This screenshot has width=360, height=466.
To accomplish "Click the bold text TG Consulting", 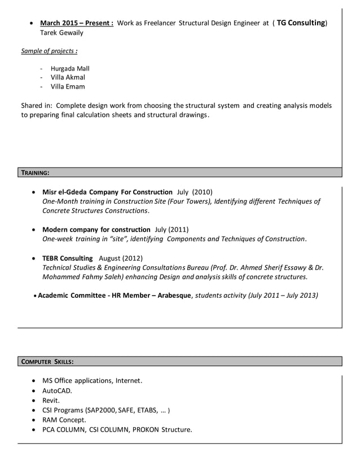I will [301, 23].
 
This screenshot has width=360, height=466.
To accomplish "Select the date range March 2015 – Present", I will [76, 24].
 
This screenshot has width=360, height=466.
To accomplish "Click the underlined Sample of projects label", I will [49, 51].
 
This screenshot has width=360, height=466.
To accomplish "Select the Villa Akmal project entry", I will [68, 77].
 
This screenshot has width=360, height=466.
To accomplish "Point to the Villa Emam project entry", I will [68, 86].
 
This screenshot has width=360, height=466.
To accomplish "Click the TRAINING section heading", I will [35, 172].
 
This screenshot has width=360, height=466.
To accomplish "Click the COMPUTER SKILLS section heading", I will [47, 361].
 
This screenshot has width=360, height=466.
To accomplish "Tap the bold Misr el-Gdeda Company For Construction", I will [107, 192].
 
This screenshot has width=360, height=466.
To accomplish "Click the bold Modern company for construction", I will [96, 230].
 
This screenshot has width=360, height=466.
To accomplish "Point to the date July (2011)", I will [172, 230].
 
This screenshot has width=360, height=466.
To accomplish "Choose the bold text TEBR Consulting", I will [67, 258].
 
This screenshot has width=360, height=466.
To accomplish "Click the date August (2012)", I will [121, 258].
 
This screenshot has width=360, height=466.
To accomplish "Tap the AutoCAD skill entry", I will [57, 390].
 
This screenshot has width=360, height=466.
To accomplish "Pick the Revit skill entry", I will [51, 401].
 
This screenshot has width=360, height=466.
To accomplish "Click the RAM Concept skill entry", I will [64, 420].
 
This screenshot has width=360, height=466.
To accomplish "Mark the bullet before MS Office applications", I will [36, 381].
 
